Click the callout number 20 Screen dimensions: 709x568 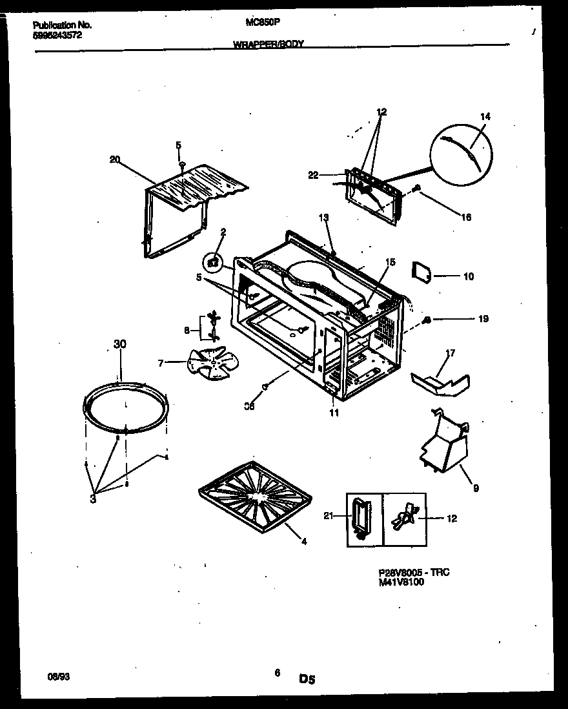pyautogui.click(x=115, y=160)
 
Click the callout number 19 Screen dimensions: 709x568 pyautogui.click(x=483, y=319)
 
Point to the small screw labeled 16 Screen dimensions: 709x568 pyautogui.click(x=417, y=189)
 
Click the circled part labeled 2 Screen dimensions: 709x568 pyautogui.click(x=212, y=263)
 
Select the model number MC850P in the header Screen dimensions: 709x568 pyautogui.click(x=262, y=21)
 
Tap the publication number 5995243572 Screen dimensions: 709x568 pyautogui.click(x=57, y=35)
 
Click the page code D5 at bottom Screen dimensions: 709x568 pyautogui.click(x=307, y=679)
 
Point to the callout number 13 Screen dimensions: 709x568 pyautogui.click(x=323, y=217)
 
